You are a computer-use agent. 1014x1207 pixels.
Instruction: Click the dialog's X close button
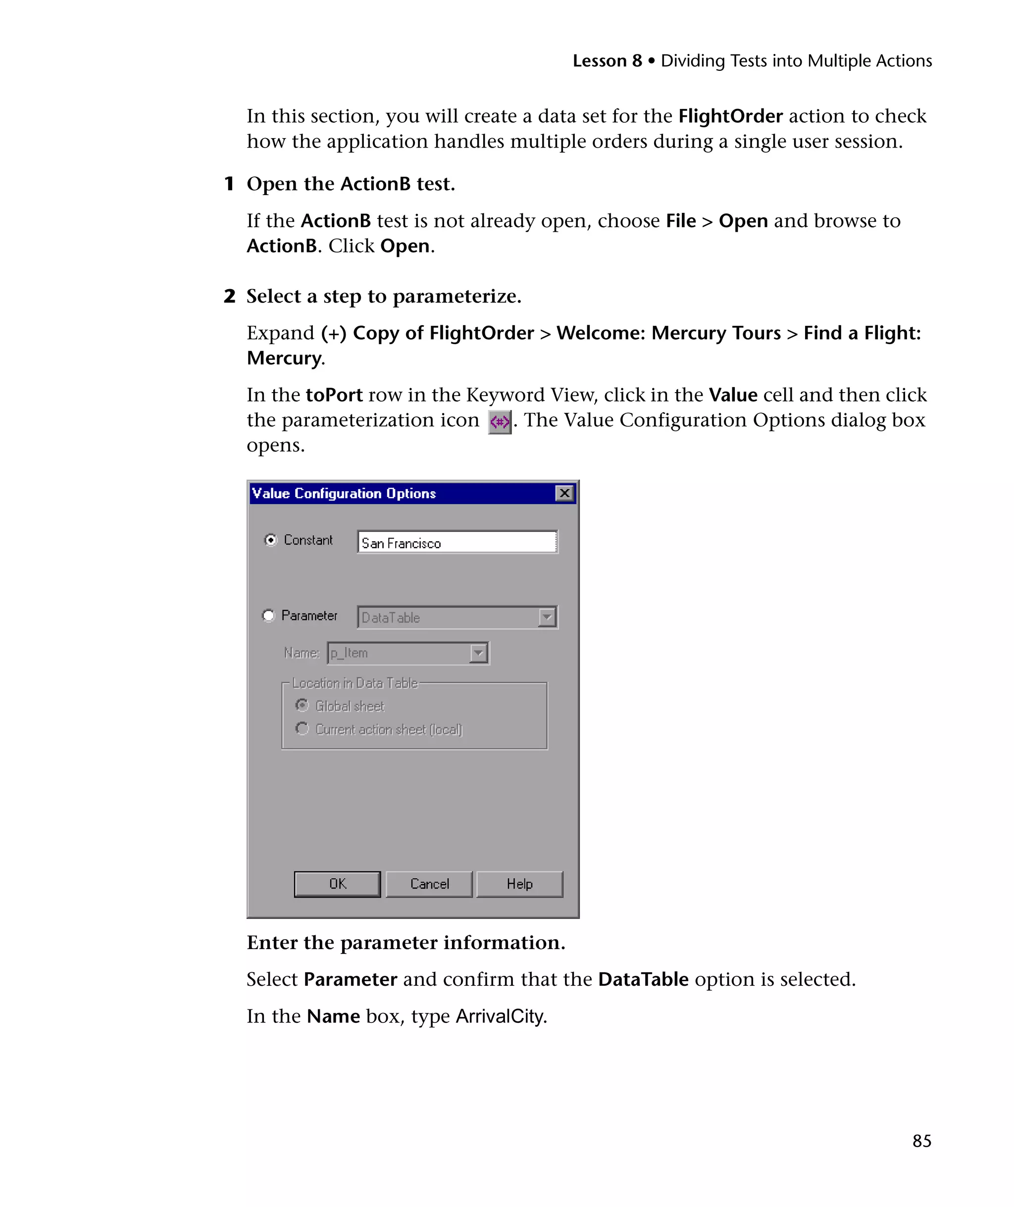564,493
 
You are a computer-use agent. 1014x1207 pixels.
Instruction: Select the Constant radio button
270,540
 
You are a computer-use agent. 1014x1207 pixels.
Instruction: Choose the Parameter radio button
268,615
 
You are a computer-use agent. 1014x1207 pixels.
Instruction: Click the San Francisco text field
456,543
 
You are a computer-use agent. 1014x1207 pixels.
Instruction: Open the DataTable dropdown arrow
547,617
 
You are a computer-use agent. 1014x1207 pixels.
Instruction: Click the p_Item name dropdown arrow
478,653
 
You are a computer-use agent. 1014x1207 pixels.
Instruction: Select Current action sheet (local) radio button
302,729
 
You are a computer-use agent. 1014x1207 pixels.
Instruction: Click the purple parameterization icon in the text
500,422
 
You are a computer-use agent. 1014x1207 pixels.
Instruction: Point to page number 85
921,1141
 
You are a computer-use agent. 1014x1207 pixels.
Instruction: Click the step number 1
229,184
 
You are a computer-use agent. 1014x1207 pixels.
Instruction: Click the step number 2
229,296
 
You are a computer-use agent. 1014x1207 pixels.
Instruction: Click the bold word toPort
334,395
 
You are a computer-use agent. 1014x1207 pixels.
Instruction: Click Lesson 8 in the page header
607,61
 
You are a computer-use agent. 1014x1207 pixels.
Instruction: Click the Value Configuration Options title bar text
344,493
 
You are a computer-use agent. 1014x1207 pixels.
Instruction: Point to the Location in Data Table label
355,683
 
